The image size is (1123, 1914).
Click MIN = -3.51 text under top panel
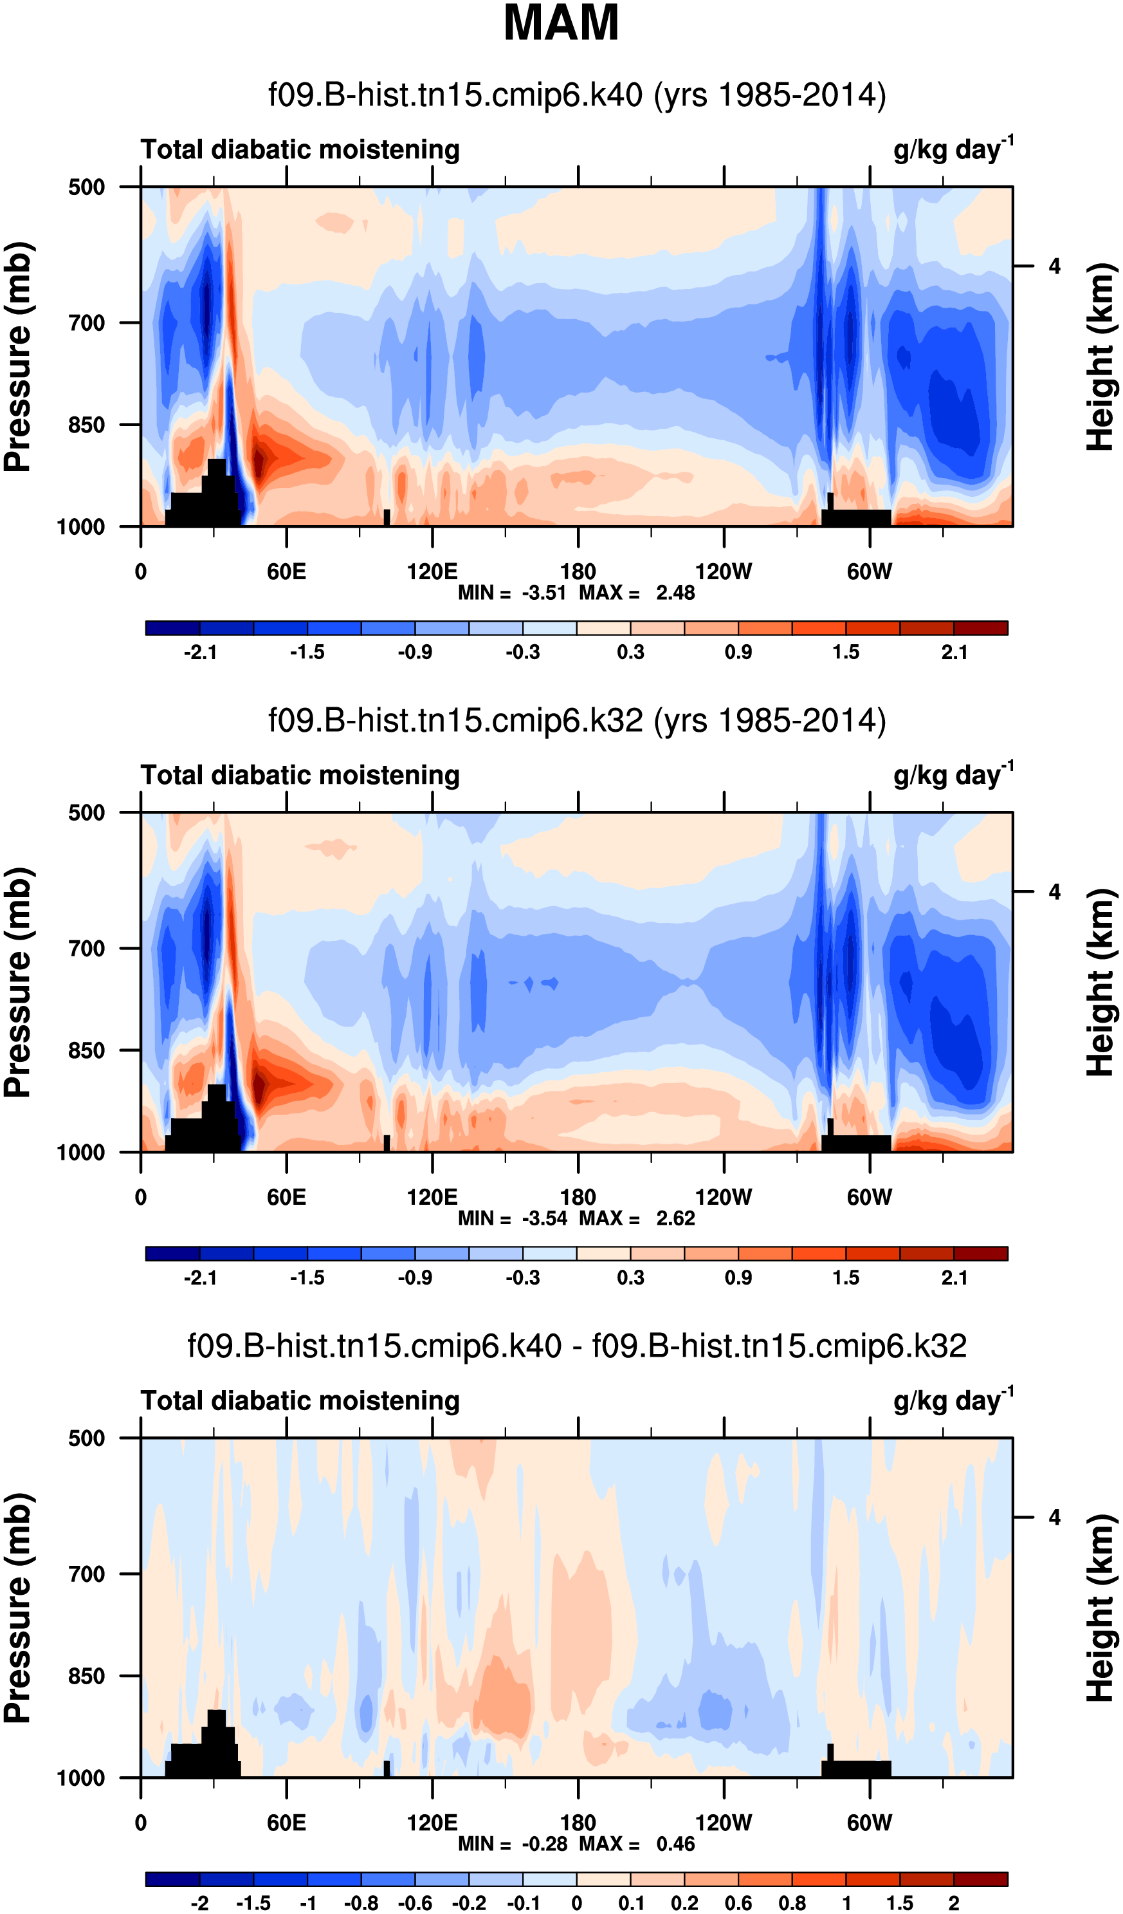tap(512, 593)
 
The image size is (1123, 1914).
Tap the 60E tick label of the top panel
tap(286, 572)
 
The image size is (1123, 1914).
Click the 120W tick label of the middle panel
tap(724, 1198)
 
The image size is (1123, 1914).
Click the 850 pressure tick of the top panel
tap(87, 425)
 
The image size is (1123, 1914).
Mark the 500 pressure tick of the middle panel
tap(87, 813)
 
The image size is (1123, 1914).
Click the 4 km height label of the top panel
tap(1054, 266)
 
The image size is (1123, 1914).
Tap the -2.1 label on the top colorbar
tap(201, 653)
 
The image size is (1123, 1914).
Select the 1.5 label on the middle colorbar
tap(846, 1278)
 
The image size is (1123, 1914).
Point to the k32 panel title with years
tap(577, 720)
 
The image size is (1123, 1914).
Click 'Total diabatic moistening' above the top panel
tap(300, 149)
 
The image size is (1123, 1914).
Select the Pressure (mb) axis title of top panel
tap(18, 357)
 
